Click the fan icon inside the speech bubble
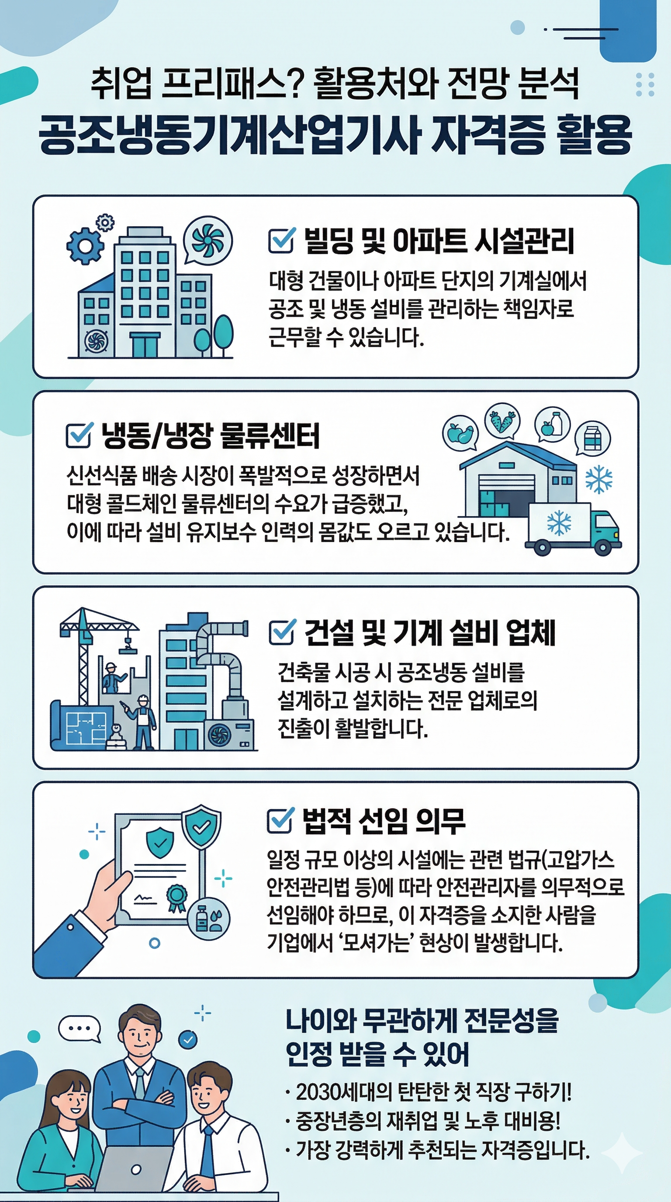click(x=208, y=240)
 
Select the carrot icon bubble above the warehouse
click(x=502, y=420)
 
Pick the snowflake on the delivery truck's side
click(x=559, y=522)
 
